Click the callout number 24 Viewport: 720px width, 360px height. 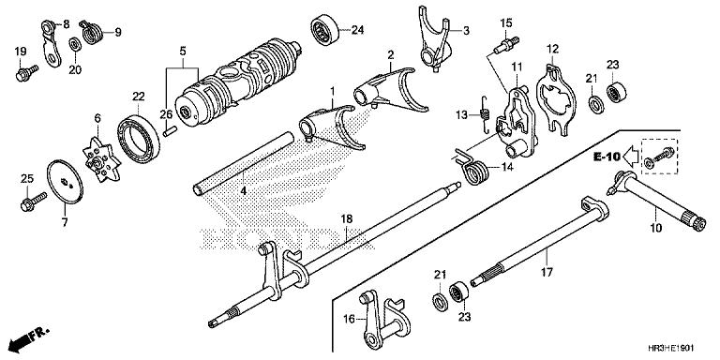(x=356, y=31)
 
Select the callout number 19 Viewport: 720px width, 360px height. (x=20, y=50)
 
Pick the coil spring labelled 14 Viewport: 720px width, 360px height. (x=474, y=170)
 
